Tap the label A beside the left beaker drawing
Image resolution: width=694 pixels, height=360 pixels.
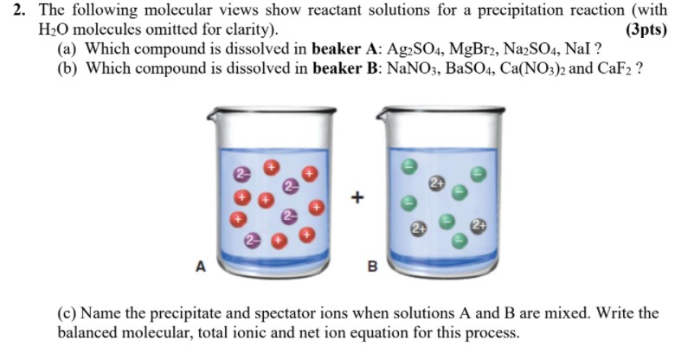click(x=201, y=267)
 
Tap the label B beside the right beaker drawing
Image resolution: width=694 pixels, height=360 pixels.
click(x=373, y=267)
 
